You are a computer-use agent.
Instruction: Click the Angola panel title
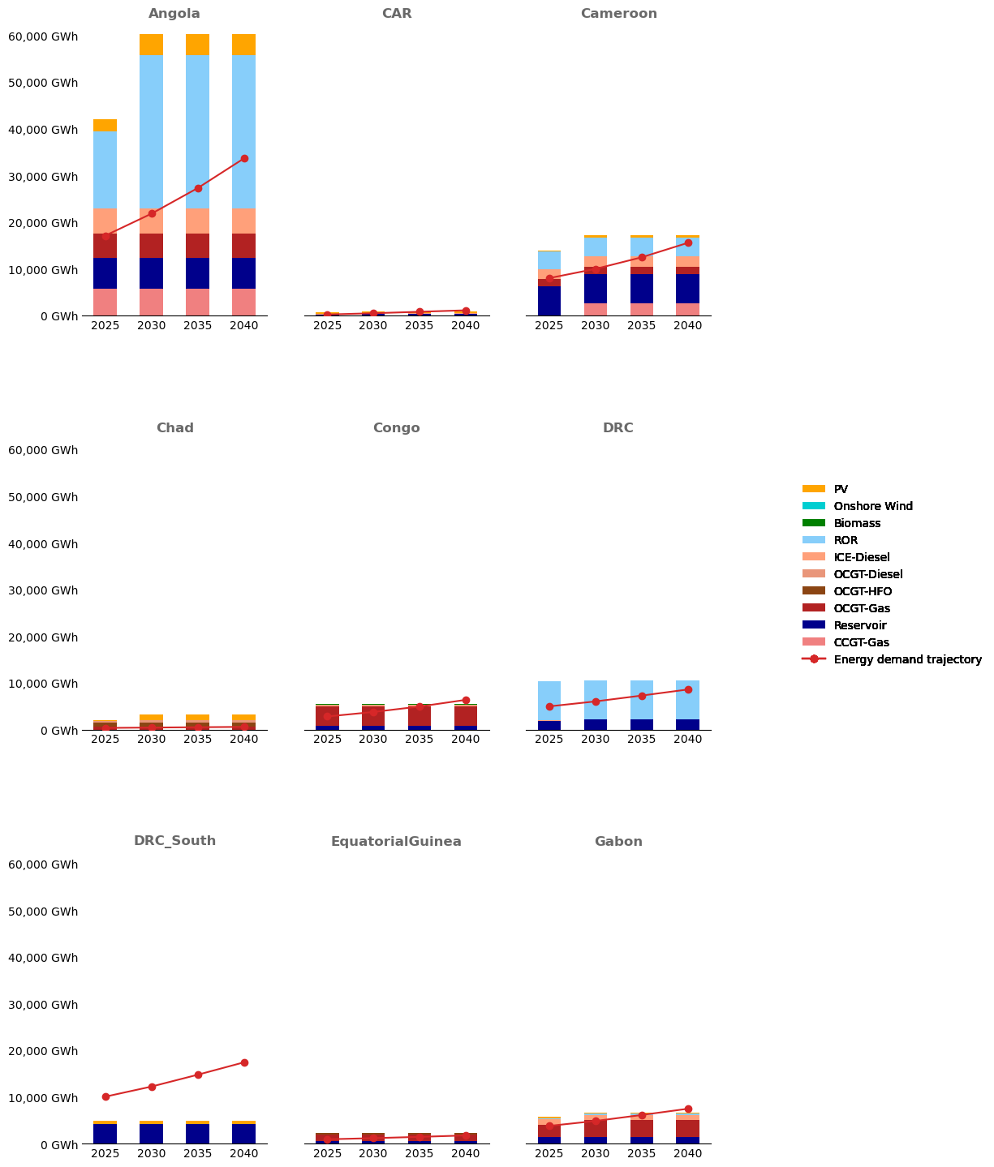(174, 14)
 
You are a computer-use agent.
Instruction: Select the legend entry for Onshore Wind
(873, 506)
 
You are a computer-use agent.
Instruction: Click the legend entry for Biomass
(857, 523)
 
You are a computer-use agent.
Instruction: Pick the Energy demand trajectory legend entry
(907, 659)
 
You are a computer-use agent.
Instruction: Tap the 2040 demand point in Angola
(244, 159)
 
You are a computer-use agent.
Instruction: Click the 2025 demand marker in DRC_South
(105, 1096)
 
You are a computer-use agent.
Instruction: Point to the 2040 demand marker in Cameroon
(688, 242)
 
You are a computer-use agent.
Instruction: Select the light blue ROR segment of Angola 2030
(152, 130)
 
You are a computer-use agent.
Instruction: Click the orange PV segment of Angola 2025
(105, 125)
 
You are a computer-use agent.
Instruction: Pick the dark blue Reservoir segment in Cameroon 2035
(642, 289)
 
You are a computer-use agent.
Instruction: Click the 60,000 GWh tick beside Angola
(43, 36)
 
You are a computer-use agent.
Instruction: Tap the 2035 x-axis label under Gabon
(642, 1153)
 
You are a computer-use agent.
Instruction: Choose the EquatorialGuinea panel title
(396, 842)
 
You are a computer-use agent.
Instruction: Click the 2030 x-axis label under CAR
(373, 325)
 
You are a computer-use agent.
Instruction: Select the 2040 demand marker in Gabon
(688, 1109)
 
